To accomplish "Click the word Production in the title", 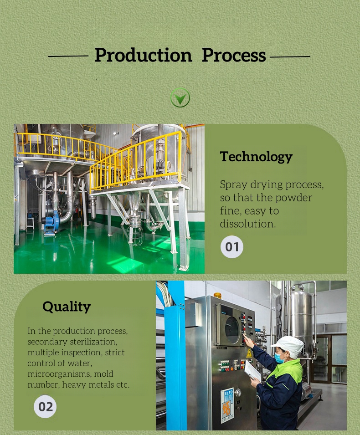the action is (x=143, y=56).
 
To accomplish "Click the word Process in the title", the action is (x=234, y=55).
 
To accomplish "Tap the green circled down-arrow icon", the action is (x=180, y=97).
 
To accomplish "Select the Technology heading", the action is (x=256, y=157).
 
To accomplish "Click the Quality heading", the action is (x=67, y=307).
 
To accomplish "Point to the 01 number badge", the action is (x=232, y=246).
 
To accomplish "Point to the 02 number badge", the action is (x=45, y=407).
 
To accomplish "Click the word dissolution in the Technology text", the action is (x=248, y=224).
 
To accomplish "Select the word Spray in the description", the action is (x=233, y=185).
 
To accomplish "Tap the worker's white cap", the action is (x=288, y=346).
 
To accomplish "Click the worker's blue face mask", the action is (x=279, y=358).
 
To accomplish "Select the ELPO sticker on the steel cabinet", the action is (x=228, y=405).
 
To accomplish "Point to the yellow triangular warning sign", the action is (x=249, y=353).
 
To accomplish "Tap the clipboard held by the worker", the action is (x=252, y=370).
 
